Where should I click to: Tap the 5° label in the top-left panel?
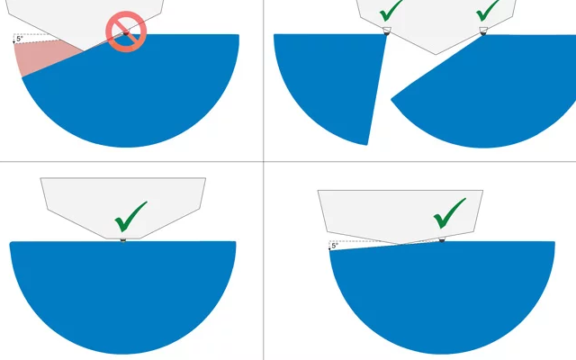click(20, 39)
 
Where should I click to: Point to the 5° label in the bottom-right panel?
click(335, 246)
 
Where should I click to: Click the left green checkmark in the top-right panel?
click(391, 11)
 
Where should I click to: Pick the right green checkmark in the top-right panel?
click(488, 11)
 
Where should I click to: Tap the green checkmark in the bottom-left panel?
click(130, 217)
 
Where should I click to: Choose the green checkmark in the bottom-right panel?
click(450, 213)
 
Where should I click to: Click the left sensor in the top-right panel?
click(387, 31)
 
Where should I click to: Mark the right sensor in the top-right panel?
click(483, 31)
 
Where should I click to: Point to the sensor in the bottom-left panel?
click(123, 240)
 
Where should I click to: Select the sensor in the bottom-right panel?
click(442, 240)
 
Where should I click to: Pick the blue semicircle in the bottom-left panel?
click(122, 290)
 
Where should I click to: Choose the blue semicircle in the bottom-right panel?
click(442, 294)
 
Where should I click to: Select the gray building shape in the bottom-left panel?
click(123, 206)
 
